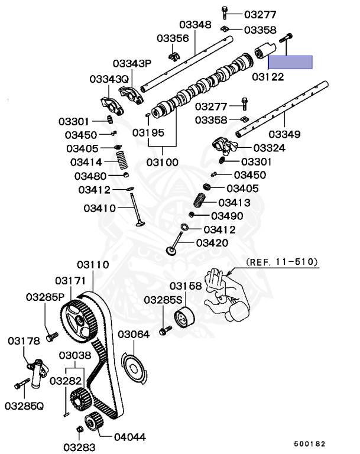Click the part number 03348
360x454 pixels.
(x=195, y=25)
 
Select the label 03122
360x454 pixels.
(x=268, y=77)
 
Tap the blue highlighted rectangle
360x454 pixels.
(x=290, y=62)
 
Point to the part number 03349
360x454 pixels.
(x=284, y=134)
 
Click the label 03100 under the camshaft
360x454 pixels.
(x=162, y=162)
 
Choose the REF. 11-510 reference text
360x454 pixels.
(x=282, y=262)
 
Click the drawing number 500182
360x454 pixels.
(x=310, y=444)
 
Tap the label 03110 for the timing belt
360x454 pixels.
(x=93, y=265)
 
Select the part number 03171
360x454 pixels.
(x=70, y=281)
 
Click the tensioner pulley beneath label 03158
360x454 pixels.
(x=184, y=317)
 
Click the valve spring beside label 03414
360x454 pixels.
(x=122, y=160)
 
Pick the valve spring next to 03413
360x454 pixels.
(x=200, y=200)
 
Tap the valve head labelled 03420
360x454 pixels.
(x=171, y=251)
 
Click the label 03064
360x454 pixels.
(x=134, y=335)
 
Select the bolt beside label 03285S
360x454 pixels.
(x=166, y=330)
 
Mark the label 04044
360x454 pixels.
(x=129, y=437)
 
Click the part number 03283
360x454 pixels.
(x=79, y=447)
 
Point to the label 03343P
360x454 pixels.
(x=132, y=63)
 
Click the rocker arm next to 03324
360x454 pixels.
(x=225, y=145)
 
